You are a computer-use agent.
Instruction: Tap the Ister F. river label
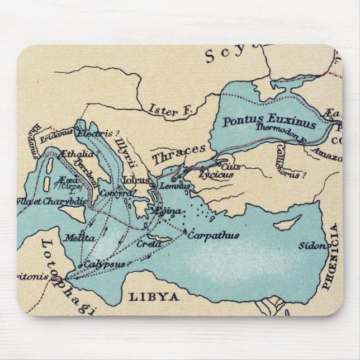[x=170, y=110]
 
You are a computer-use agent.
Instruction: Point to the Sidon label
[x=311, y=245]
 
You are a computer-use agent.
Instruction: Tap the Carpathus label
[x=213, y=235]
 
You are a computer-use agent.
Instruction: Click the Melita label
[x=79, y=238]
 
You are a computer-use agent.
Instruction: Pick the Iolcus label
[x=136, y=181]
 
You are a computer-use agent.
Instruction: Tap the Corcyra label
[x=116, y=193]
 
